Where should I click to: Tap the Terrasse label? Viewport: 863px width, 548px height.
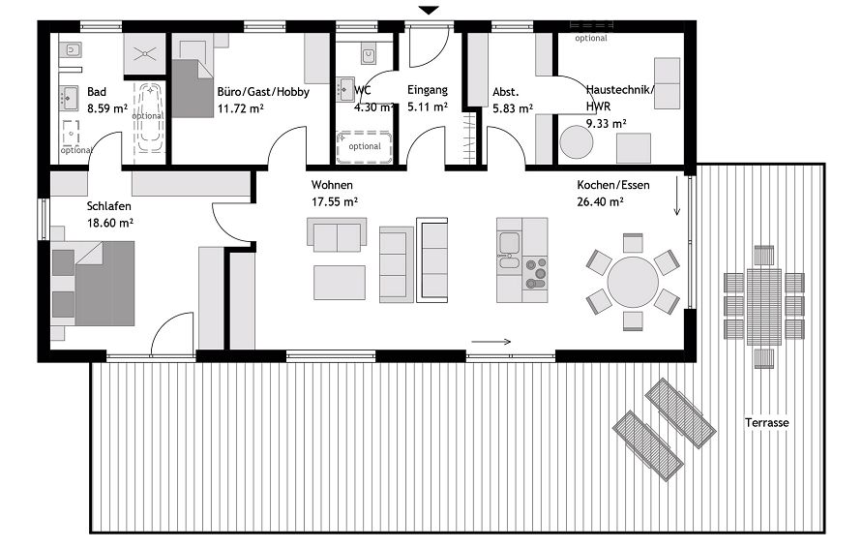[767, 423]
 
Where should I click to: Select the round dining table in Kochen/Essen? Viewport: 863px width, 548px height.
[633, 282]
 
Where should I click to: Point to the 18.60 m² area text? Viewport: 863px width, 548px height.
[109, 223]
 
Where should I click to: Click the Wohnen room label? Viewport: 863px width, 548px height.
[332, 185]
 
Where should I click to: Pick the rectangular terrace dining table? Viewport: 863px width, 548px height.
[763, 306]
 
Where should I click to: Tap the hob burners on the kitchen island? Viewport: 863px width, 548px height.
[535, 274]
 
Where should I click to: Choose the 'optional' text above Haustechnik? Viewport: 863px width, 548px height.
[590, 39]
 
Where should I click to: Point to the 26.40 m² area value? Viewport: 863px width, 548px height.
[599, 202]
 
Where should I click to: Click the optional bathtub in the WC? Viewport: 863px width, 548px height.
[365, 147]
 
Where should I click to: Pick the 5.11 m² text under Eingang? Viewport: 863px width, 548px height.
[427, 107]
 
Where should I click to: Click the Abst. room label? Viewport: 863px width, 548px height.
[506, 92]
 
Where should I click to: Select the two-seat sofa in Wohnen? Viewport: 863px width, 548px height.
[337, 233]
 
